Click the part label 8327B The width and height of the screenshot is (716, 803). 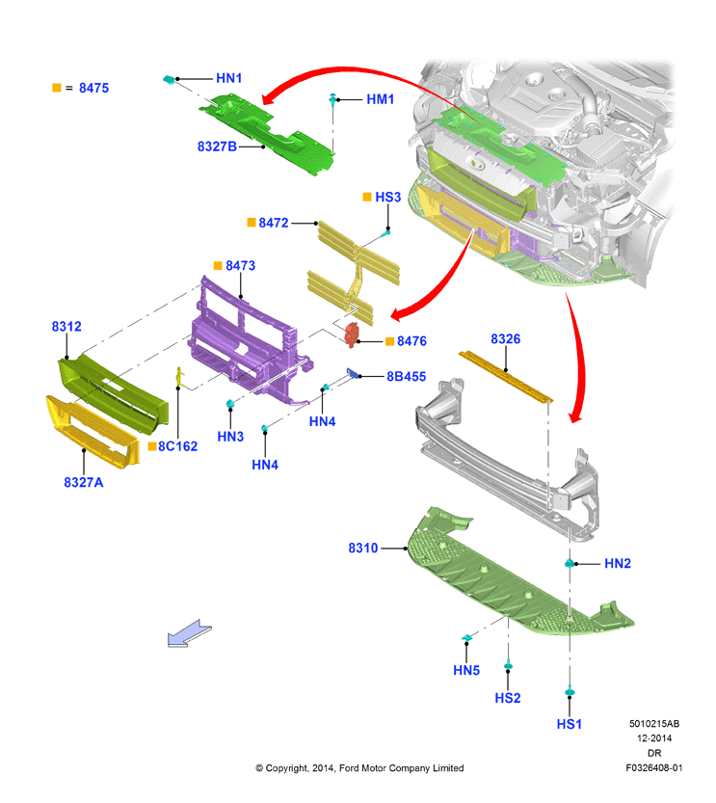217,147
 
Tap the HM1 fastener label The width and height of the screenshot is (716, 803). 381,99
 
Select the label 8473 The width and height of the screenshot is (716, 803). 241,266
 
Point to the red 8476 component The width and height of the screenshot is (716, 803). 352,335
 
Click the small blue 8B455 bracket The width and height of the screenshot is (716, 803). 352,373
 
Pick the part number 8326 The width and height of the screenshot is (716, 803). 506,339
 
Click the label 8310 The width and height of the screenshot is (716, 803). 363,548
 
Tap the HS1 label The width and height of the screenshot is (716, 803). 570,724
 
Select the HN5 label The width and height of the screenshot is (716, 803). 466,670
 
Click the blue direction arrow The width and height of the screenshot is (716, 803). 190,633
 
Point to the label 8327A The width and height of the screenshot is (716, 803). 84,482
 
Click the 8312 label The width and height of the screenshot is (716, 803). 66,327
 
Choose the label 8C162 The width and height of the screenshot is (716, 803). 177,446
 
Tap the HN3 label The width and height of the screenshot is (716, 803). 230,437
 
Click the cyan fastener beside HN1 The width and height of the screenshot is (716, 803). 169,79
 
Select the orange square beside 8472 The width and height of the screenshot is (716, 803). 252,222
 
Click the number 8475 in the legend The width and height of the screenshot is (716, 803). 93,88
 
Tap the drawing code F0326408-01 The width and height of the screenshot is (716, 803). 654,767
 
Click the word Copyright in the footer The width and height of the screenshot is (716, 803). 287,768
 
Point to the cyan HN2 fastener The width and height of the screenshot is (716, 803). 570,563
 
